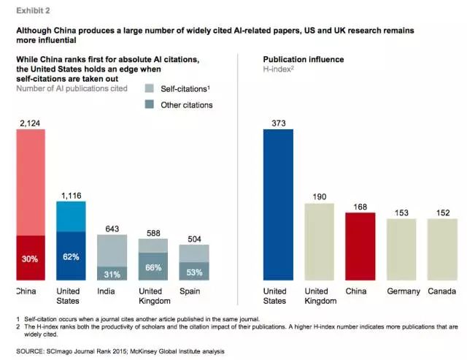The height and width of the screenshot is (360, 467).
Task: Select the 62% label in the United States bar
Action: pyautogui.click(x=72, y=257)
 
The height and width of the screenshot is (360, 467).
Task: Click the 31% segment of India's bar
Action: pyautogui.click(x=112, y=273)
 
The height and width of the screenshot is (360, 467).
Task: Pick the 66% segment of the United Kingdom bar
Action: pyautogui.click(x=153, y=267)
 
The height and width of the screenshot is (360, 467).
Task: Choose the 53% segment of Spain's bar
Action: pyautogui.click(x=194, y=272)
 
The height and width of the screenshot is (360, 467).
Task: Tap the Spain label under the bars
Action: pyautogui.click(x=191, y=291)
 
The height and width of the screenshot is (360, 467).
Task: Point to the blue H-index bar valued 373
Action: pyautogui.click(x=278, y=204)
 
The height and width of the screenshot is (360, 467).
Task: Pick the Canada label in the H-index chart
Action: pyautogui.click(x=442, y=291)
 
